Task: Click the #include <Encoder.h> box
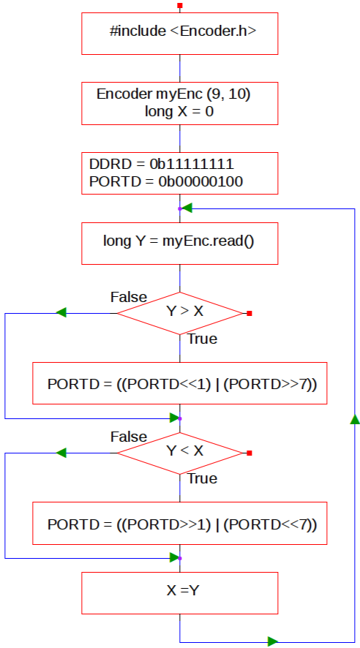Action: [179, 34]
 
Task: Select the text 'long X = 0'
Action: [179, 112]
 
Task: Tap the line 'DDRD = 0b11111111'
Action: [162, 164]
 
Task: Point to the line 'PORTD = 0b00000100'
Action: [166, 182]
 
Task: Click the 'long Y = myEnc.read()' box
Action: [179, 244]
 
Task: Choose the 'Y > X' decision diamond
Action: [179, 313]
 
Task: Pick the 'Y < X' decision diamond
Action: [179, 453]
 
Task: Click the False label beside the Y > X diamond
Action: [129, 297]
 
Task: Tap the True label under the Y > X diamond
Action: [203, 339]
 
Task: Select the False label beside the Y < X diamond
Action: [129, 437]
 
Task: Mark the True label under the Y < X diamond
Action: [203, 478]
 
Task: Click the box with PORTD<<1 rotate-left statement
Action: [179, 383]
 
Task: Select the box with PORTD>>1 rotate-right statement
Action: [179, 523]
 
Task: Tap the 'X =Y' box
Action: [179, 593]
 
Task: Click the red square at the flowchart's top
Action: [179, 6]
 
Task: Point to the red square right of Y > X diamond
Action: [250, 313]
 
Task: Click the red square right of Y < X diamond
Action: [250, 453]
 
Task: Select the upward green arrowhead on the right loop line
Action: [355, 420]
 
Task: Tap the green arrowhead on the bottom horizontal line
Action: [272, 642]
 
